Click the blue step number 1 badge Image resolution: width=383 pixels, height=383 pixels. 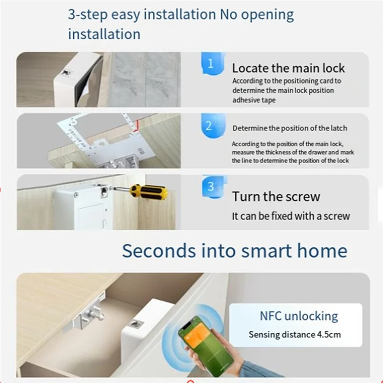tap(211, 64)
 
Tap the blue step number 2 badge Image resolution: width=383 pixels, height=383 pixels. tap(209, 126)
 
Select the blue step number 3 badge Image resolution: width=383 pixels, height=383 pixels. tap(211, 187)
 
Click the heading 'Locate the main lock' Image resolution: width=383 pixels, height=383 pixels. tap(288, 68)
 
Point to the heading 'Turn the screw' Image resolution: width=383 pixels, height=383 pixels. tap(276, 196)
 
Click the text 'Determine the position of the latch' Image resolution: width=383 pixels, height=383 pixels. tap(290, 128)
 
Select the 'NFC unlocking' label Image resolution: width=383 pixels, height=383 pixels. tap(299, 316)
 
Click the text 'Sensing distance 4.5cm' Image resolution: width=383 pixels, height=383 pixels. tap(294, 335)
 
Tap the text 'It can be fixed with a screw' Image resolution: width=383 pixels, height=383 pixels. tap(291, 216)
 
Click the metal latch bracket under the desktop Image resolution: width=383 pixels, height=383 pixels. tap(89, 316)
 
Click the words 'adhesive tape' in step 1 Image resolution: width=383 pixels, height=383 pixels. tap(254, 101)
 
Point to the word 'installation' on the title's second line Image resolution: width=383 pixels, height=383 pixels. tap(104, 34)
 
